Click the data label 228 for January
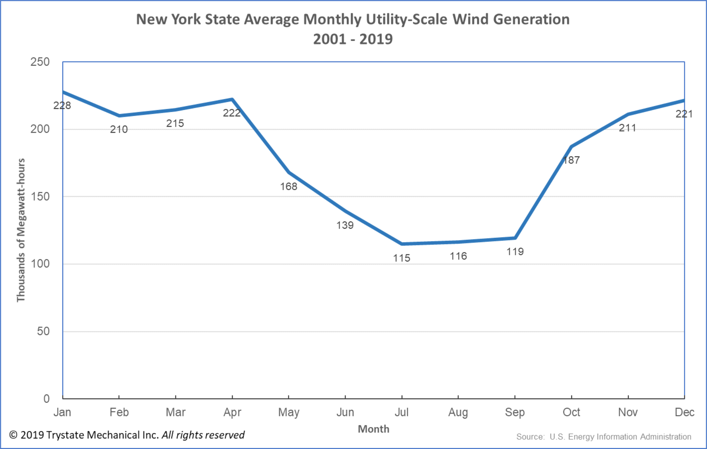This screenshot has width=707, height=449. [x=62, y=105]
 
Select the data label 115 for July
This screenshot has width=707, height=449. [x=401, y=258]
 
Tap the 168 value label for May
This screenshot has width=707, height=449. [x=289, y=186]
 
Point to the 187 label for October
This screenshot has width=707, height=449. [x=571, y=160]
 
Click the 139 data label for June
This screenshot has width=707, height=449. [x=345, y=225]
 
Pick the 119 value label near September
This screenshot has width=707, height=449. [x=515, y=252]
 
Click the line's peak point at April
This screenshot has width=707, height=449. [x=232, y=99]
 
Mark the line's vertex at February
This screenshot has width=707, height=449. [x=119, y=116]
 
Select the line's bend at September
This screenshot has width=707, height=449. [x=515, y=238]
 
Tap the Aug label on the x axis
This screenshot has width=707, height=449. [x=458, y=412]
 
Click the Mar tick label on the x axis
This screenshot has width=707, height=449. [x=176, y=412]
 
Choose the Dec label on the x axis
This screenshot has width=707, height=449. [x=685, y=412]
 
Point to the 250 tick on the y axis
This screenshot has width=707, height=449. [x=40, y=62]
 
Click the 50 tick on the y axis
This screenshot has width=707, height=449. [x=43, y=331]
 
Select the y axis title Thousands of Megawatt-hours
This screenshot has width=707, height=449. [x=21, y=230]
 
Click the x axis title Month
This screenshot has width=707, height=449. [x=373, y=429]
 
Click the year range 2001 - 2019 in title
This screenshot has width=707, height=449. [x=353, y=39]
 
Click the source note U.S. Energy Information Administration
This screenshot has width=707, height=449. [x=620, y=437]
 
